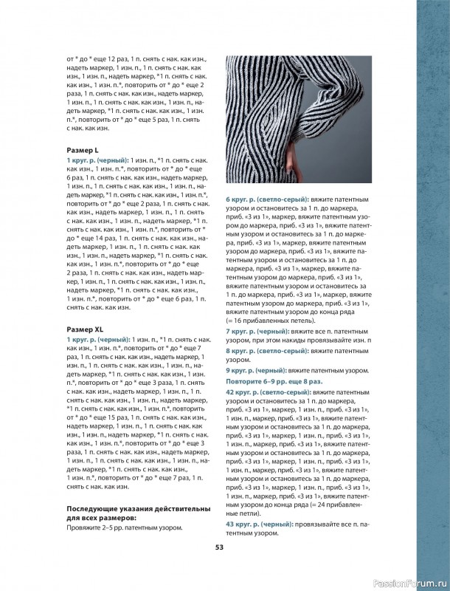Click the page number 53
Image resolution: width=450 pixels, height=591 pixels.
pyautogui.click(x=219, y=547)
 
